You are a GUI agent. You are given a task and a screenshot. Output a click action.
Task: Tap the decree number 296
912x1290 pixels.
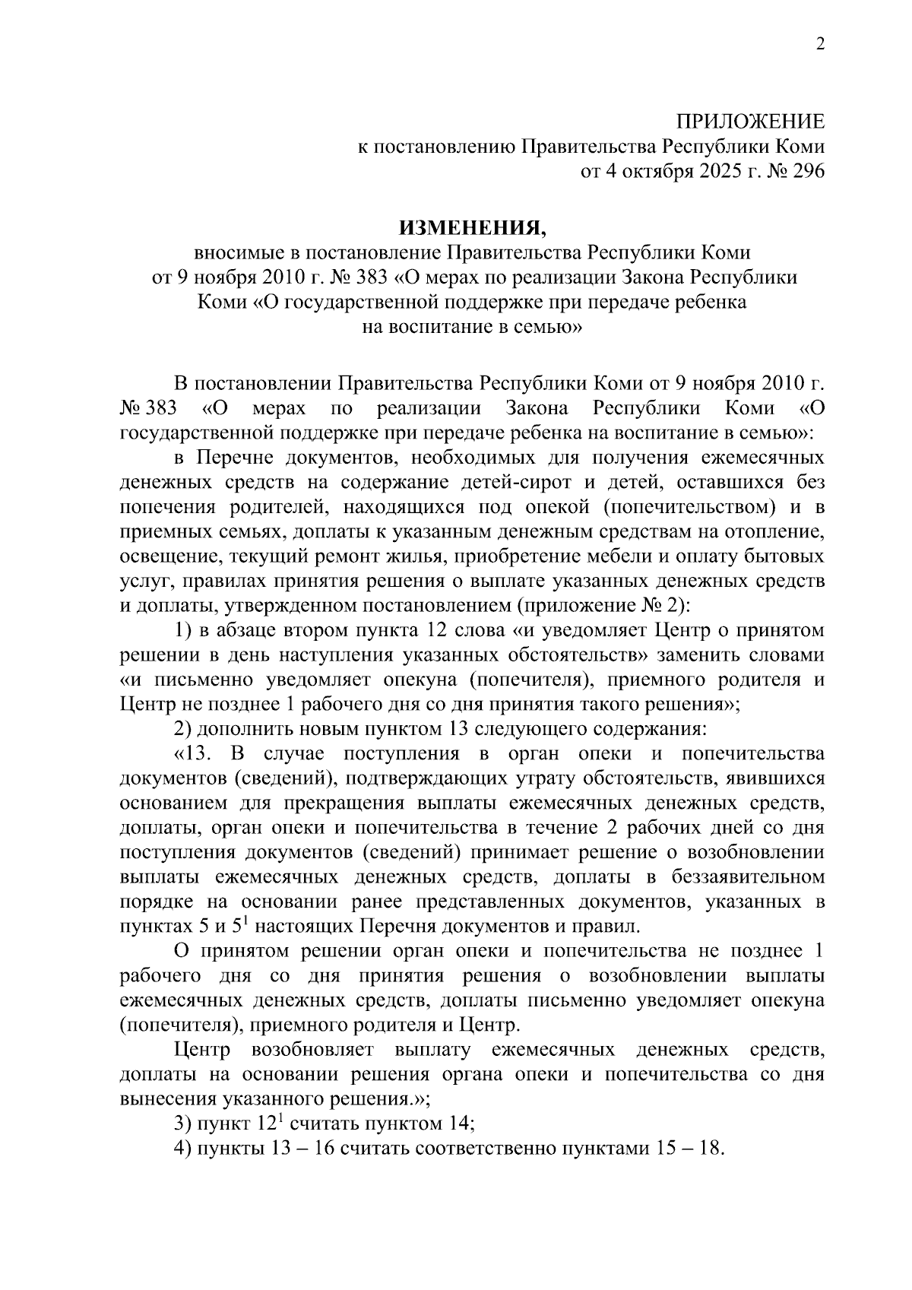pyautogui.click(x=806, y=172)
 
